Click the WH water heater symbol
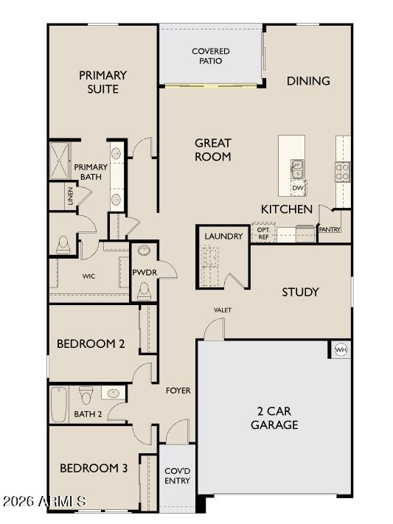pos(341,349)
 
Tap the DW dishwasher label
pos(298,189)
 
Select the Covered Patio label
pos(211,56)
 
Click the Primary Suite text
pos(103,82)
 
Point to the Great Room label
pos(213,150)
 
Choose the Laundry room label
pos(223,236)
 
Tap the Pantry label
pos(329,230)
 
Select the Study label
pos(300,293)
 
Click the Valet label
pos(223,310)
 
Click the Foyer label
pos(178,390)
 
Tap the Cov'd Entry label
pos(177,475)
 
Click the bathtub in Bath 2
pos(59,404)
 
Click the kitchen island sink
pos(297,170)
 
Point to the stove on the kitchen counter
pos(343,171)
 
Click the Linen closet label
pos(71,197)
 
